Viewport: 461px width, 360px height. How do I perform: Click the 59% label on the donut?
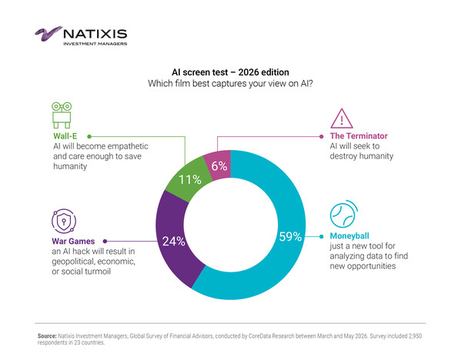[290, 237]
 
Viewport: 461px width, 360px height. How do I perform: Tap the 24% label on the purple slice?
[174, 242]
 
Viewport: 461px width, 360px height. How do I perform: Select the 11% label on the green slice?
[190, 179]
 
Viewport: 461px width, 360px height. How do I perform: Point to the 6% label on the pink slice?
[219, 166]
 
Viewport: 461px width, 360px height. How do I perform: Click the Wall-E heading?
[65, 136]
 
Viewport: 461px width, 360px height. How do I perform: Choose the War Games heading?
[73, 242]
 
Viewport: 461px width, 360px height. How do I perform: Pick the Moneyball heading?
[349, 236]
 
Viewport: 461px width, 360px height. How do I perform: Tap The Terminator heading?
[359, 136]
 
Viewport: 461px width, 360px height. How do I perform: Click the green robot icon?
[62, 115]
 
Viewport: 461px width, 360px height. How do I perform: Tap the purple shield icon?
[64, 221]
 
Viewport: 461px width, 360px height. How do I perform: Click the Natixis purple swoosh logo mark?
[48, 33]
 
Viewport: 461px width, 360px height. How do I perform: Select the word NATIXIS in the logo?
[95, 34]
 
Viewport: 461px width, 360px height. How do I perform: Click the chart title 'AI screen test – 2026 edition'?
[230, 72]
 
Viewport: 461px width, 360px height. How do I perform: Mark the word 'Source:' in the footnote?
[47, 336]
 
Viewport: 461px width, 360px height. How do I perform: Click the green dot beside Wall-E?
[89, 136]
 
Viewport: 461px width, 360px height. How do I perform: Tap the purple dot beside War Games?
[105, 242]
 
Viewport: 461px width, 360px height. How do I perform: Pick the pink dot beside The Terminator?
[322, 136]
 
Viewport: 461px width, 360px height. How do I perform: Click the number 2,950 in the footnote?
[415, 336]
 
